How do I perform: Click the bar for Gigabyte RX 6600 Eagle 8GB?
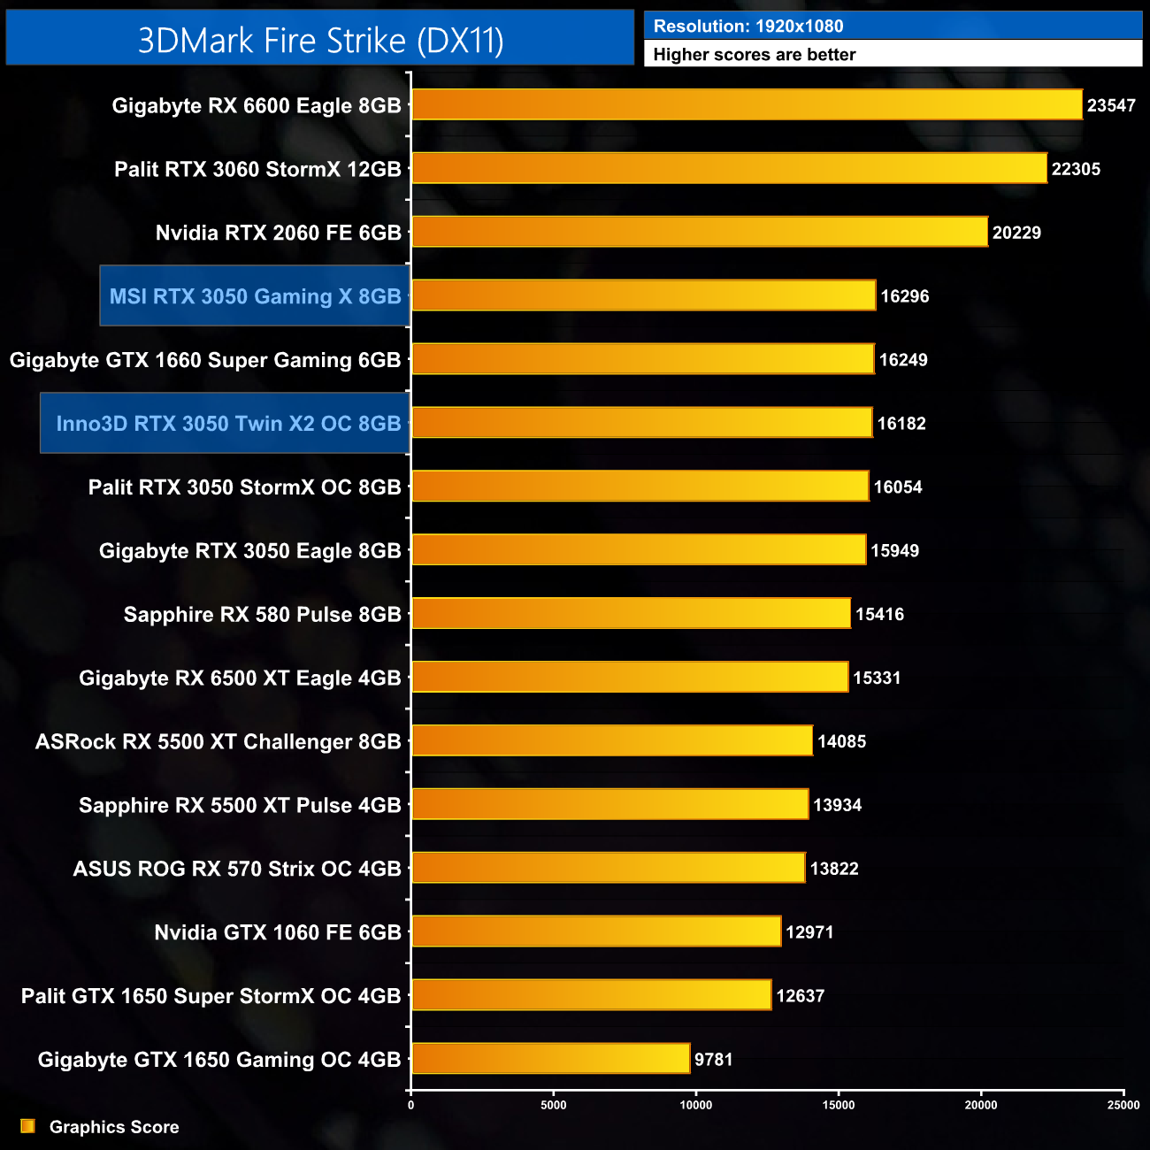(747, 104)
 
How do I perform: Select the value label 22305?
(1076, 169)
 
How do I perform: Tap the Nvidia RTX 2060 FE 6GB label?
(278, 233)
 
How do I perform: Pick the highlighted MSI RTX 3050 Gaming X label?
(255, 296)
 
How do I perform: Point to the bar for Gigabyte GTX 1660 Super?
(643, 359)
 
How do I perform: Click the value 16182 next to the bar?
(901, 424)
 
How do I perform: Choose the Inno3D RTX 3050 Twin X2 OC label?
(228, 424)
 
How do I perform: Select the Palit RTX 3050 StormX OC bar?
(640, 487)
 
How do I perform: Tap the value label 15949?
(894, 551)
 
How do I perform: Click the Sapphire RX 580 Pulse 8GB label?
(262, 615)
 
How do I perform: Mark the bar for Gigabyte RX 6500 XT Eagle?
(630, 678)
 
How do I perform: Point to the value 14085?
(841, 742)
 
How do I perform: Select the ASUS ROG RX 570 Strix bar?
(609, 868)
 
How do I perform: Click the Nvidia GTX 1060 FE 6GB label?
(277, 932)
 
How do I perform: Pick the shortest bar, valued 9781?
(551, 1058)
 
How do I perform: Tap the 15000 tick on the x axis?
(839, 1105)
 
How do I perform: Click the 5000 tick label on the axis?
(554, 1105)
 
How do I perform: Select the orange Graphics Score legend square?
(28, 1126)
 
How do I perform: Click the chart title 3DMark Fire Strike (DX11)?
(320, 40)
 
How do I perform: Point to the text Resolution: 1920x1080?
(748, 27)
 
